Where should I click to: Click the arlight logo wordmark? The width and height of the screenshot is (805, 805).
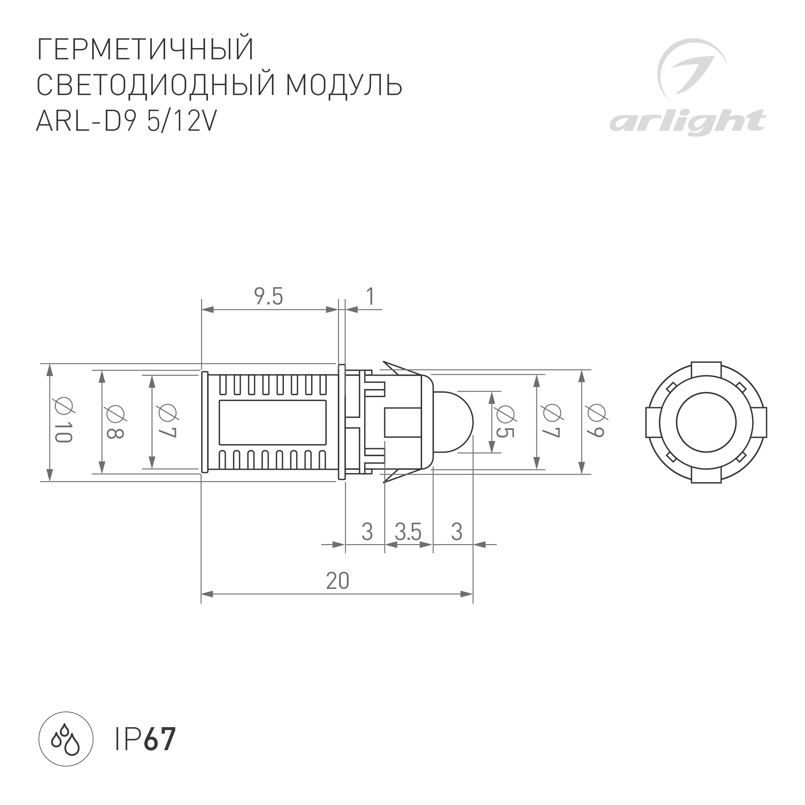pos(687,122)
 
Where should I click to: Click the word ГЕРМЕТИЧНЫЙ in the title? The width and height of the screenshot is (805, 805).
pos(145,50)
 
